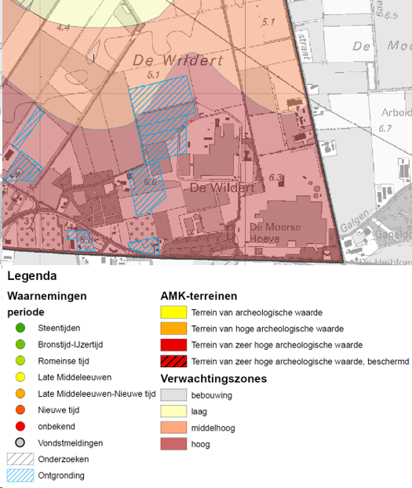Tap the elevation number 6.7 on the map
(385, 128)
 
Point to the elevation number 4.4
(64, 27)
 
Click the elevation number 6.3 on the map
(275, 178)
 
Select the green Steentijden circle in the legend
(20, 328)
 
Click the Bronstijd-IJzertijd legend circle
(20, 344)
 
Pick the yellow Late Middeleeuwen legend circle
(20, 377)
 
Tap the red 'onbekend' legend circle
(20, 426)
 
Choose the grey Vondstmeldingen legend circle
(20, 442)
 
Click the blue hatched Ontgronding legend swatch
(20, 475)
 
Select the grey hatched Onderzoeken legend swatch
(20, 459)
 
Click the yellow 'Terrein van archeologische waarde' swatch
(173, 312)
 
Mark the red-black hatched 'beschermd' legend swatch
(173, 362)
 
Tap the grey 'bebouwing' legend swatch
(173, 395)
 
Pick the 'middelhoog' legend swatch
(173, 428)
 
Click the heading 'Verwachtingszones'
(213, 379)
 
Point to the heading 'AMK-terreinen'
(199, 296)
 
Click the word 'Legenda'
(31, 276)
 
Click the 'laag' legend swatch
(173, 412)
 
